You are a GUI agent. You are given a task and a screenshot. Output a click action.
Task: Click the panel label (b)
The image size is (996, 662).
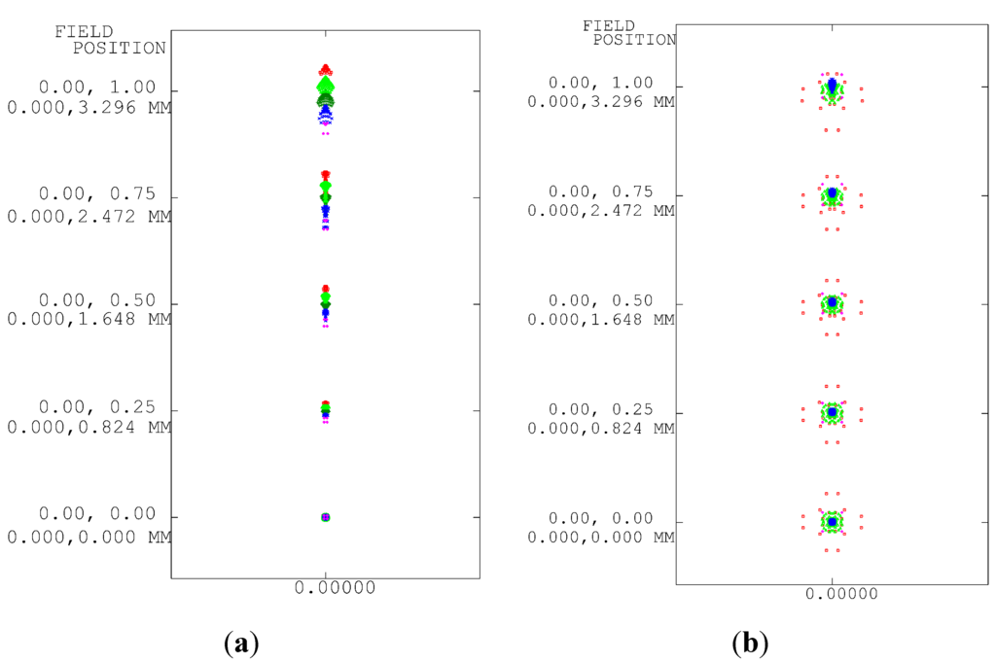[x=750, y=643]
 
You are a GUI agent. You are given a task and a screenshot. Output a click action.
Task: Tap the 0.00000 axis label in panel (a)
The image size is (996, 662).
[x=326, y=589]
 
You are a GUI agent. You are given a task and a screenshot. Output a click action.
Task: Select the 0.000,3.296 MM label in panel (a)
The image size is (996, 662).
[x=89, y=107]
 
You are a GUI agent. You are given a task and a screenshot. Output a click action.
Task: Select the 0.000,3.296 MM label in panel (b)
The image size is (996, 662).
[x=600, y=100]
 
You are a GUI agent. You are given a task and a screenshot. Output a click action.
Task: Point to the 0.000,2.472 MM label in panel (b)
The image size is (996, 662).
[x=600, y=210]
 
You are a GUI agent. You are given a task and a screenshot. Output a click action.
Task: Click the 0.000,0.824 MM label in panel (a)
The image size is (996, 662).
[x=89, y=427]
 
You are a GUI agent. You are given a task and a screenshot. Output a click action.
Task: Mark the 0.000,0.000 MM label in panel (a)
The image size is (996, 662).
[x=89, y=536]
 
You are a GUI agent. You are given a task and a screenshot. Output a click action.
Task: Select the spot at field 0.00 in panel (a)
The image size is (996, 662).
[x=326, y=517]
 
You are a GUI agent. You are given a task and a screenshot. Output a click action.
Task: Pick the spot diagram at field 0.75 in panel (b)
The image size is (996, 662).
[x=832, y=196]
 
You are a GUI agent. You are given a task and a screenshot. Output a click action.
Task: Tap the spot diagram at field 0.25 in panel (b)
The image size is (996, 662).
[x=832, y=413]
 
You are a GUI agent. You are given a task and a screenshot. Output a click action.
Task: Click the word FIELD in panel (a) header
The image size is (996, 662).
[x=84, y=31]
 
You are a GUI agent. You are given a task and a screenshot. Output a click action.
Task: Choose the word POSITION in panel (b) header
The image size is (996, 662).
[x=634, y=40]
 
